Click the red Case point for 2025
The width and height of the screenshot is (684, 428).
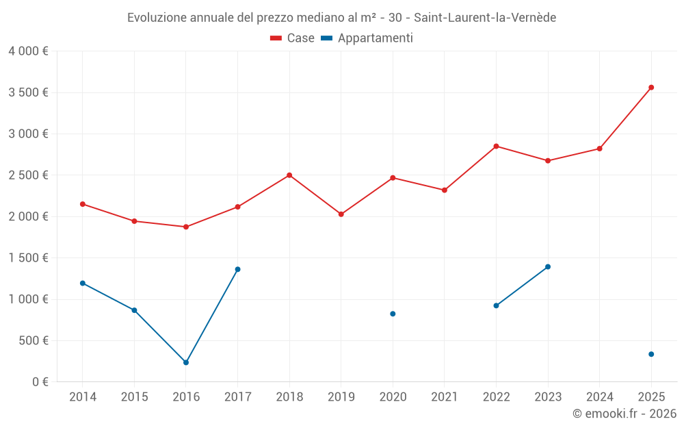pyautogui.click(x=651, y=88)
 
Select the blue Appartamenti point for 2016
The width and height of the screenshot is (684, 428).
pyautogui.click(x=186, y=362)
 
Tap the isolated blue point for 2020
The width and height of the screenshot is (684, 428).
pyautogui.click(x=393, y=314)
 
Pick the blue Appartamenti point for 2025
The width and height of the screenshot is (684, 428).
pyautogui.click(x=651, y=354)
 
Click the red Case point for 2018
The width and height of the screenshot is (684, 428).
pyautogui.click(x=289, y=175)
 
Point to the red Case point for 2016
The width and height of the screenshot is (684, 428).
pyautogui.click(x=186, y=227)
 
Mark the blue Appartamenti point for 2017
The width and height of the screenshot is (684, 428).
pyautogui.click(x=237, y=269)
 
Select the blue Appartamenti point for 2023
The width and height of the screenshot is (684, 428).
pyautogui.click(x=548, y=266)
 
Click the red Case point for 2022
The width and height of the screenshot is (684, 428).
pyautogui.click(x=496, y=146)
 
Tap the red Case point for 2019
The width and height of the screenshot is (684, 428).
pyautogui.click(x=341, y=214)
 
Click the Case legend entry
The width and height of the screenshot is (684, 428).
pyautogui.click(x=293, y=38)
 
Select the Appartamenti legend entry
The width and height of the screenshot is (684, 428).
pyautogui.click(x=367, y=38)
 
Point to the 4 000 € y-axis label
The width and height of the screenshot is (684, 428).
pyautogui.click(x=28, y=51)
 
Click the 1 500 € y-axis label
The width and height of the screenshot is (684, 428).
pyautogui.click(x=28, y=258)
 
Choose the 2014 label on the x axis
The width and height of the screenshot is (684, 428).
pyautogui.click(x=83, y=397)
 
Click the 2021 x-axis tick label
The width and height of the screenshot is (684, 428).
pyautogui.click(x=445, y=397)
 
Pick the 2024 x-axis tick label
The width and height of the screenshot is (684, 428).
pyautogui.click(x=600, y=397)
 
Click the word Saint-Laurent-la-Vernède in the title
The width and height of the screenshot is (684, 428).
pyautogui.click(x=485, y=17)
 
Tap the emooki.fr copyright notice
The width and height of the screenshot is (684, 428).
pyautogui.click(x=624, y=414)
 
